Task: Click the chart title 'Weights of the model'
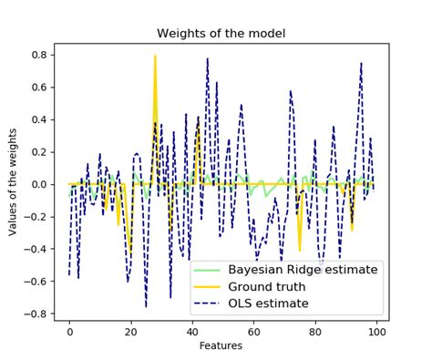221,34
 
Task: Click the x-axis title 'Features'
221,345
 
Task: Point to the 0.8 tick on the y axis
40,55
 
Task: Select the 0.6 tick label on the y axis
40,87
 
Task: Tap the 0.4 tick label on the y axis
40,119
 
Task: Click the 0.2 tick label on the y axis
40,152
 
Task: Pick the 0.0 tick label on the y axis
40,184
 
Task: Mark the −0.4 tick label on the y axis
36,249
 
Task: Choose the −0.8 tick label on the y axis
36,314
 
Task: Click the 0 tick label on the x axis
69,332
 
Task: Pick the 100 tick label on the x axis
374,332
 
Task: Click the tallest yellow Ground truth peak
155,57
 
